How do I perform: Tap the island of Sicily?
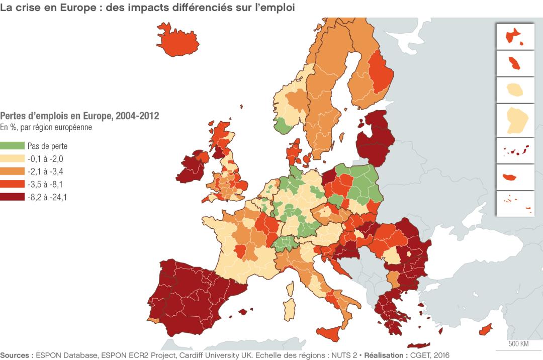[x=332, y=333]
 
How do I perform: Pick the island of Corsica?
[x=291, y=289]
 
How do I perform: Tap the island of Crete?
[x=417, y=345]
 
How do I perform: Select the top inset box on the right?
[x=515, y=36]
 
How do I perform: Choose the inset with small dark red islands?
[x=515, y=150]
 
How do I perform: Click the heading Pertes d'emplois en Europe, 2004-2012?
[x=79, y=116]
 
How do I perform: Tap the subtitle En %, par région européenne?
[x=46, y=127]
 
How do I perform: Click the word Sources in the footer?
[x=16, y=355]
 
